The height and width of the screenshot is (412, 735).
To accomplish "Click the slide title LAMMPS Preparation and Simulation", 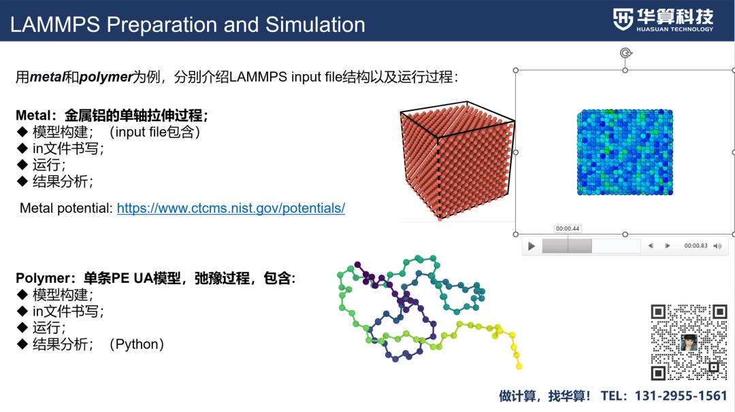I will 188,24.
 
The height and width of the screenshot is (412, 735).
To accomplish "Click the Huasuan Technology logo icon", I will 623,19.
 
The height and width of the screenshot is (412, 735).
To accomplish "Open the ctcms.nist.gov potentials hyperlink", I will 231,208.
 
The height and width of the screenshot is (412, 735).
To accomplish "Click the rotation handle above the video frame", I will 625,53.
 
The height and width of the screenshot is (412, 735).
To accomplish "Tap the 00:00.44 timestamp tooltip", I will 567,229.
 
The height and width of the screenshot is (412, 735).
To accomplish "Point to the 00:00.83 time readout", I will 696,246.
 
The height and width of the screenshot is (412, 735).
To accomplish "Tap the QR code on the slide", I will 689,343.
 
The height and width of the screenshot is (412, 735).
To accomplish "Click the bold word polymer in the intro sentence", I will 105,77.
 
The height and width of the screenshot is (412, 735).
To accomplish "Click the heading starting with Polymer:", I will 155,279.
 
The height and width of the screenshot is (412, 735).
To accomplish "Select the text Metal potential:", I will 66,208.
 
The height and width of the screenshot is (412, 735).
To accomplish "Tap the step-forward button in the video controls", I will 667,246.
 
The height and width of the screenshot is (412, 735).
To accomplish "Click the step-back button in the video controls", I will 651,246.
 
